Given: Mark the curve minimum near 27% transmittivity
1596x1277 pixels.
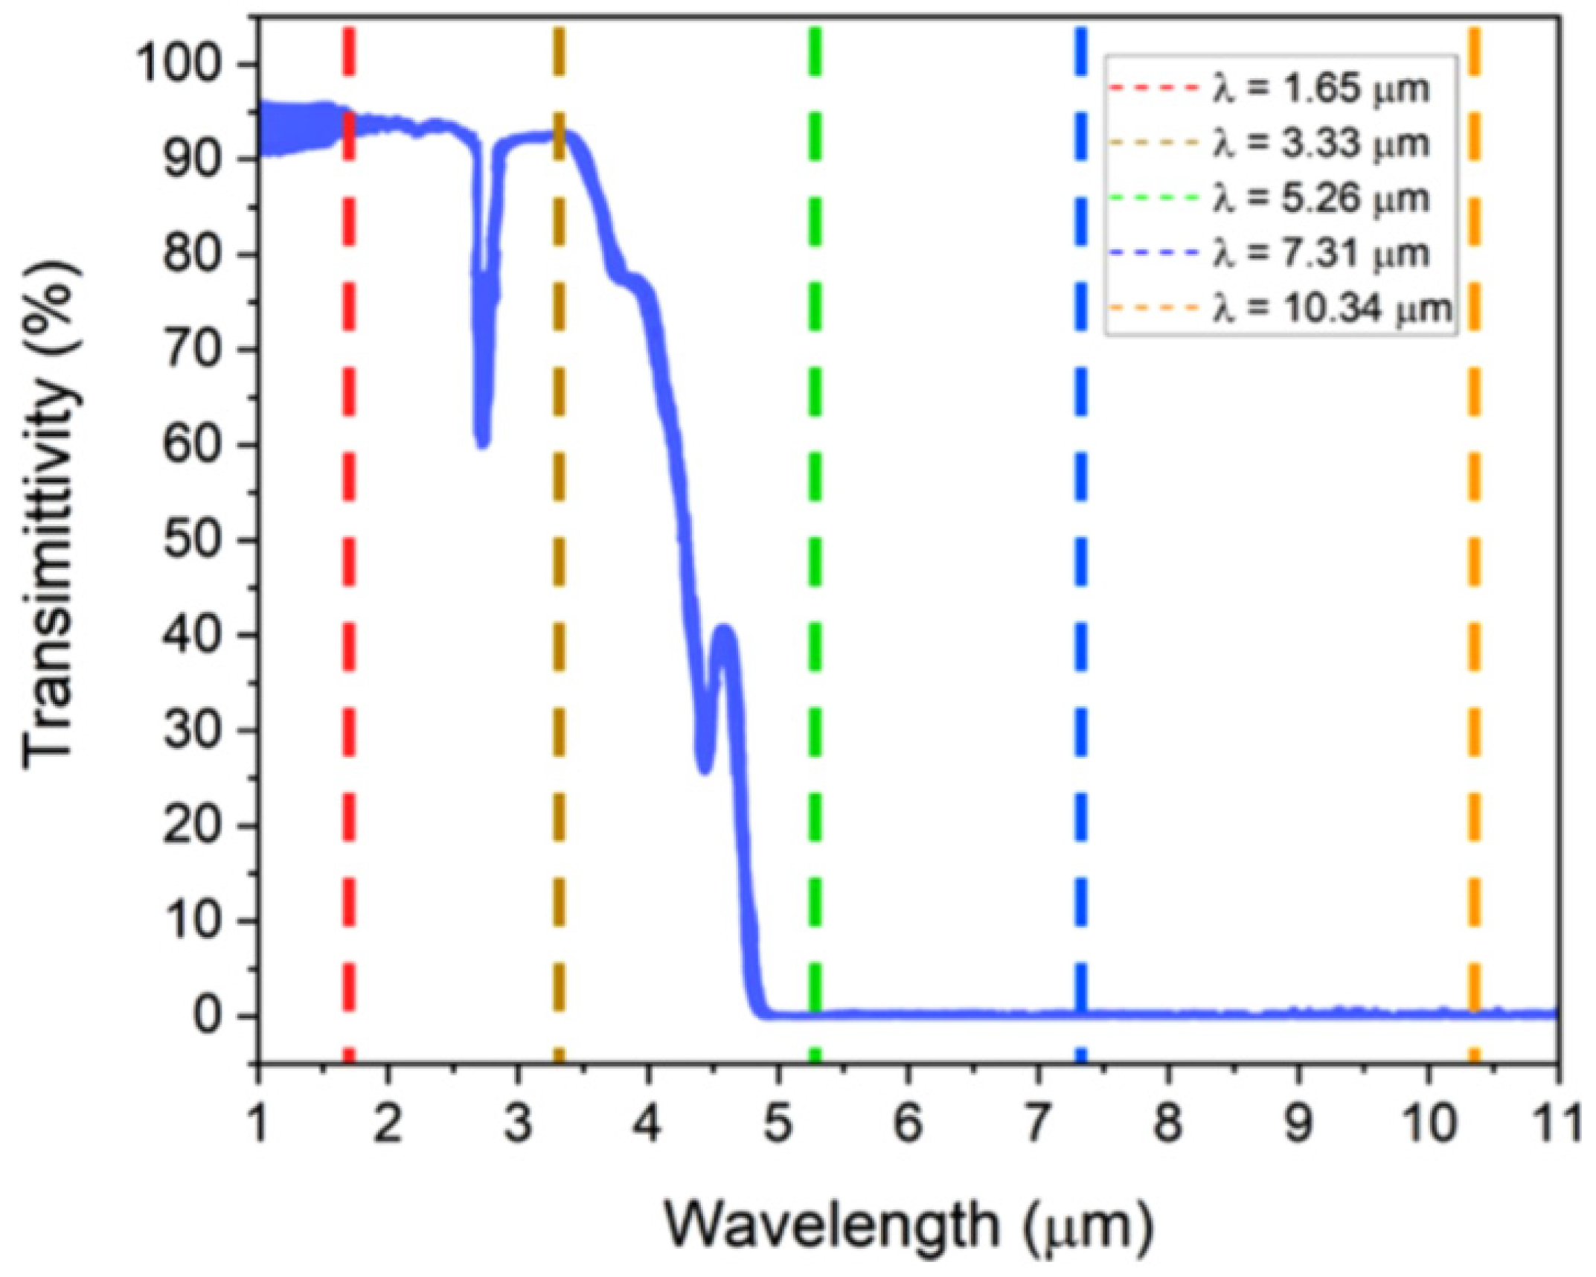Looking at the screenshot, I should pyautogui.click(x=704, y=769).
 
